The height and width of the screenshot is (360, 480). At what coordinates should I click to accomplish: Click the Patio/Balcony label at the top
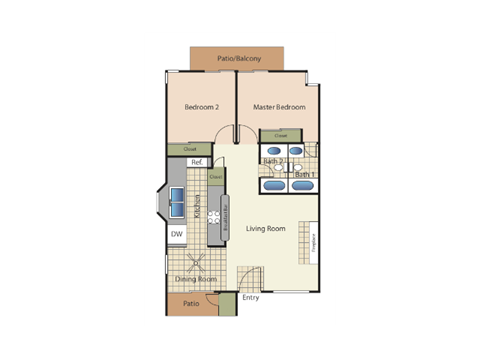[239, 59]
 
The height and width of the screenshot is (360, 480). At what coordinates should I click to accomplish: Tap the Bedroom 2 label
[201, 107]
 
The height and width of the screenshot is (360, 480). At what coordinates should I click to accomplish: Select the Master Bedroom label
[278, 107]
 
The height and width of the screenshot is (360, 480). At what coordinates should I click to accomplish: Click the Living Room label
[266, 229]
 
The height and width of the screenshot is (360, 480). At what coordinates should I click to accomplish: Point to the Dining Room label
[197, 279]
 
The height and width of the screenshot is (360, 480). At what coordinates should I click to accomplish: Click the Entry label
[251, 298]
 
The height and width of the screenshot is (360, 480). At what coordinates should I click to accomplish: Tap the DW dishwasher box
[176, 235]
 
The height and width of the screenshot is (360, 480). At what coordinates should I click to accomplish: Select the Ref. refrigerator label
[197, 162]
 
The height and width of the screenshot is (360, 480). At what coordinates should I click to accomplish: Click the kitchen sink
[176, 200]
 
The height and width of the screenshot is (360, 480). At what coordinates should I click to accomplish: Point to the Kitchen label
[198, 208]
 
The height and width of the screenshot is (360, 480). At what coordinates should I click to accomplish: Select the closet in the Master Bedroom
[281, 135]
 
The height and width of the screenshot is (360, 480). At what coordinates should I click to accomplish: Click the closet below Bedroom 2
[189, 149]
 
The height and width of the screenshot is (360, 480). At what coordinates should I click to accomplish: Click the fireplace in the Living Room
[314, 241]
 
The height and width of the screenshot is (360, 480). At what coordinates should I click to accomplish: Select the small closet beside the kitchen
[216, 178]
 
